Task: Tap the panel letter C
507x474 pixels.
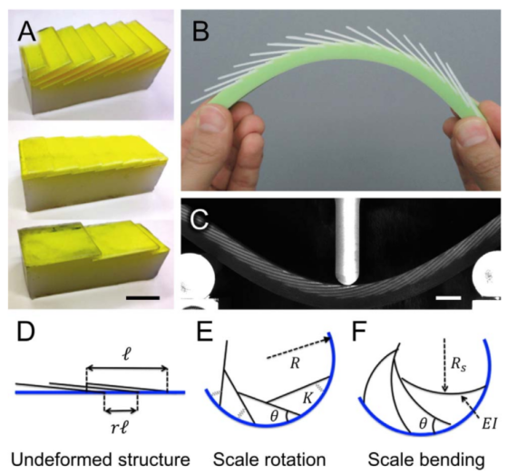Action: point(199,218)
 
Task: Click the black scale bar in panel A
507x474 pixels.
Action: point(142,297)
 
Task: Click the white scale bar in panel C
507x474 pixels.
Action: point(448,297)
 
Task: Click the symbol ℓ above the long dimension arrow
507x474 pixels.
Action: point(127,355)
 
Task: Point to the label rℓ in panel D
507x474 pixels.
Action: point(120,429)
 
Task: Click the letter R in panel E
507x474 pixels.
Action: point(295,363)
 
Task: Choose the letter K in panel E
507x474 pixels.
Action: point(307,399)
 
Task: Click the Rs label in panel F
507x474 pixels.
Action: point(459,365)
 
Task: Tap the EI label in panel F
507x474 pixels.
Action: point(489,424)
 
